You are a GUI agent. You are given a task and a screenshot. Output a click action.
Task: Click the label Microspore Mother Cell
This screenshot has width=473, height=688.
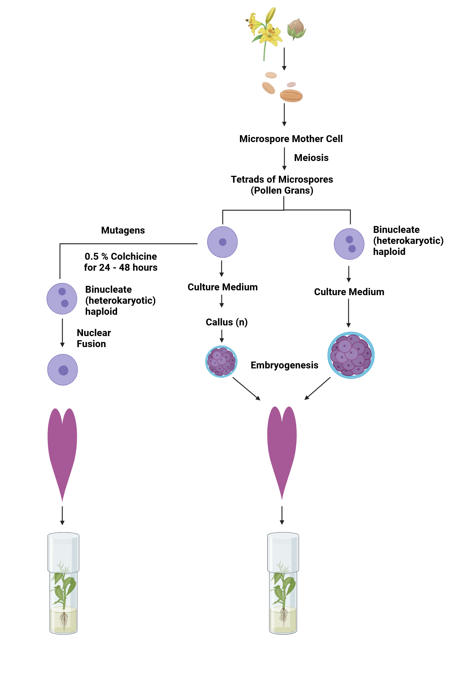pyautogui.click(x=291, y=139)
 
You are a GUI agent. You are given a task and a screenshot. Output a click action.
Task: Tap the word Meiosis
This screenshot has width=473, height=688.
pyautogui.click(x=311, y=158)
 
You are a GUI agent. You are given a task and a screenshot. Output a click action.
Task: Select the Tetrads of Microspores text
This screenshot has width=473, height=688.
pyautogui.click(x=282, y=179)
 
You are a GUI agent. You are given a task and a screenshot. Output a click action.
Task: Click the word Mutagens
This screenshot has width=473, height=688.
pyautogui.click(x=123, y=230)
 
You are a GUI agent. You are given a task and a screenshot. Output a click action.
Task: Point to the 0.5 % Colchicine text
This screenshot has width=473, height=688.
pyautogui.click(x=121, y=256)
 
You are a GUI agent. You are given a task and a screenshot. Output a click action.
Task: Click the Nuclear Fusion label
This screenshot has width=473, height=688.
pyautogui.click(x=94, y=338)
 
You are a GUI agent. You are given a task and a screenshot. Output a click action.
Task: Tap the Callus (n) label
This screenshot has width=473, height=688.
pyautogui.click(x=227, y=322)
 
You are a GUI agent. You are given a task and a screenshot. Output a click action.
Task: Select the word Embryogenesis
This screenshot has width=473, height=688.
pyautogui.click(x=284, y=365)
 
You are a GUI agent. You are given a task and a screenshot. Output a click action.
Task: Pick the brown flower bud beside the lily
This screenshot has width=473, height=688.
pyautogui.click(x=296, y=29)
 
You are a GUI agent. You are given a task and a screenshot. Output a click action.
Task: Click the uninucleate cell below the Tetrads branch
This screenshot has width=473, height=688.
pyautogui.click(x=222, y=242)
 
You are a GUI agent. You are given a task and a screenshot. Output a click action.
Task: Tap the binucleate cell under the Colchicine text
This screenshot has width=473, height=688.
pyautogui.click(x=62, y=299)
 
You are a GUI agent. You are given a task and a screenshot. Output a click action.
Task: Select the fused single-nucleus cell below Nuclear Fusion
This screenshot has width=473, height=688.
pyautogui.click(x=62, y=370)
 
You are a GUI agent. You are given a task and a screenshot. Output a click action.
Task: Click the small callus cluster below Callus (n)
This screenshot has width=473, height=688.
pyautogui.click(x=221, y=362)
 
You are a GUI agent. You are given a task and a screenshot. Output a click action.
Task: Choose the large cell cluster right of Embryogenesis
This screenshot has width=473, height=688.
pyautogui.click(x=351, y=355)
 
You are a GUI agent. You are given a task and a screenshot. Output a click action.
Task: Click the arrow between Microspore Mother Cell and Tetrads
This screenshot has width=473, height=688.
pyautogui.click(x=284, y=159)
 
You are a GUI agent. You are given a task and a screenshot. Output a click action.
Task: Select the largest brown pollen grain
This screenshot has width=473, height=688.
pyautogui.click(x=291, y=96)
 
